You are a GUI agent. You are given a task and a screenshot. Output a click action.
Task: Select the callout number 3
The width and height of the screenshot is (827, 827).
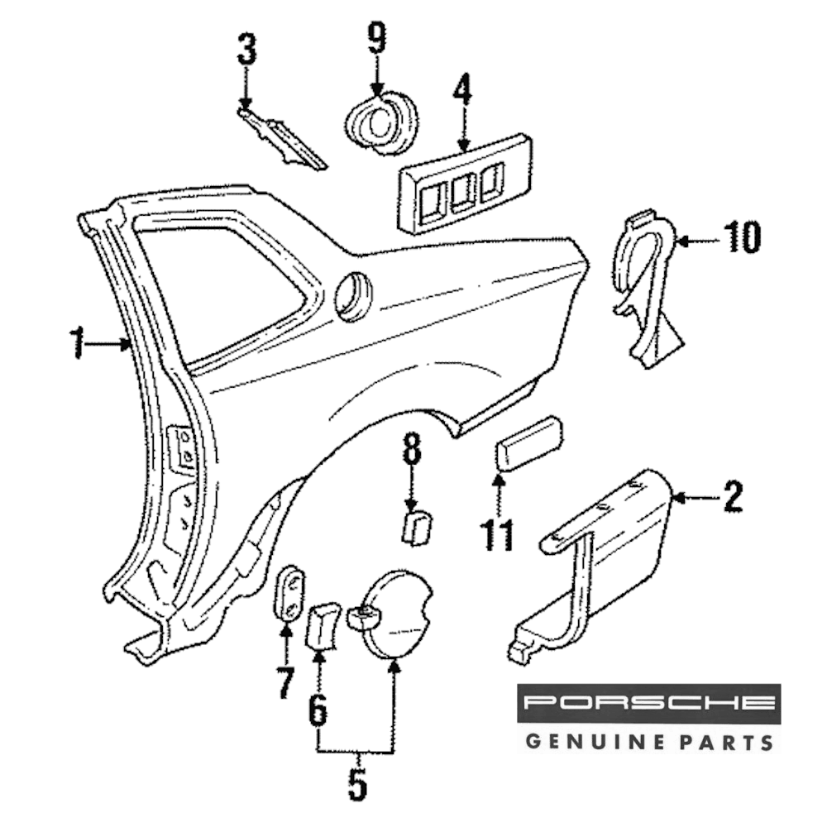pyautogui.click(x=246, y=50)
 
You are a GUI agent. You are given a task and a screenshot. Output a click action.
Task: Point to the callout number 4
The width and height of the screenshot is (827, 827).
pyautogui.click(x=462, y=92)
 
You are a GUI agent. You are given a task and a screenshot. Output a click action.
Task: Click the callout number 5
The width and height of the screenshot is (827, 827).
pyautogui.click(x=356, y=785)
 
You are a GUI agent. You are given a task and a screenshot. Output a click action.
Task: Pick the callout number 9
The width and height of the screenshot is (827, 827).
pyautogui.click(x=377, y=37)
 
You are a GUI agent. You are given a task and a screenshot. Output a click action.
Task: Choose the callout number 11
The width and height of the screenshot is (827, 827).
pyautogui.click(x=498, y=534)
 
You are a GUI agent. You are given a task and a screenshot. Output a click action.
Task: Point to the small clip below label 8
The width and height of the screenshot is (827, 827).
pyautogui.click(x=417, y=526)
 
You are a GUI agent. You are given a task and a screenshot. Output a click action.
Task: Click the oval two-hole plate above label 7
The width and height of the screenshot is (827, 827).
pyautogui.click(x=289, y=592)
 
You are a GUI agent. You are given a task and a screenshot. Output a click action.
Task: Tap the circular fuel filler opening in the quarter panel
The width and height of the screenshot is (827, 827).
pyautogui.click(x=354, y=294)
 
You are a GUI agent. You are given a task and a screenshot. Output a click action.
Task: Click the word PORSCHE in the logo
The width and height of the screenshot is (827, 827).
pyautogui.click(x=648, y=705)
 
